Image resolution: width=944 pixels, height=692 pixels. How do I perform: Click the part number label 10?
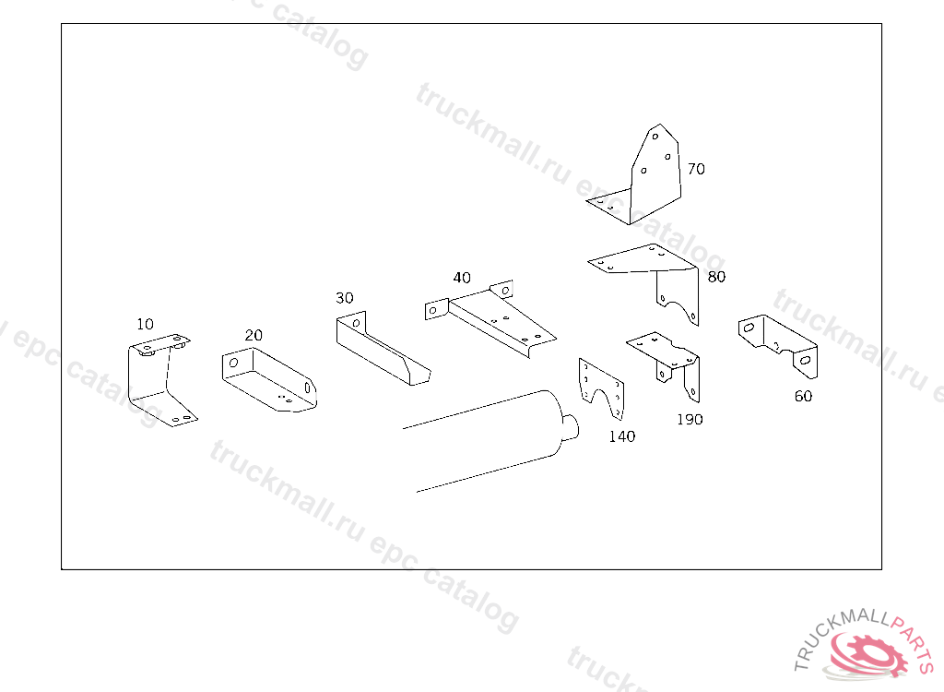point(145,324)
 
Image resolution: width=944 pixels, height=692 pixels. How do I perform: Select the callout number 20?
point(254,335)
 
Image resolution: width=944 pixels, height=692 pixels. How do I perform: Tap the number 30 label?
point(344,298)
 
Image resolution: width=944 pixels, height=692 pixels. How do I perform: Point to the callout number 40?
point(462,277)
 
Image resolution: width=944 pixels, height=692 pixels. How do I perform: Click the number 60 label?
point(803,397)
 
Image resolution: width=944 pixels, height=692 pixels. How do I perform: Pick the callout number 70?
point(696,169)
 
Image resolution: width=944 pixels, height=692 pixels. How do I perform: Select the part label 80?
point(716,276)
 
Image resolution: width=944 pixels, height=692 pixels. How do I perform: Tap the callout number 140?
point(621,436)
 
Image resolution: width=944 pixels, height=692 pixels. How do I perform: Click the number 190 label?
point(689,419)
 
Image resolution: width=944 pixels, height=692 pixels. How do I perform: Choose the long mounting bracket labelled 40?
point(498,318)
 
